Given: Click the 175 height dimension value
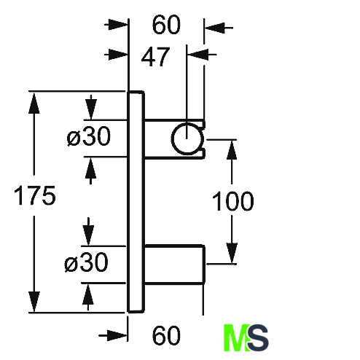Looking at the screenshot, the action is click(35, 195).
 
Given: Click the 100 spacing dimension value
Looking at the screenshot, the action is click(233, 201).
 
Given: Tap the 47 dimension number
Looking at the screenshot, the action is click(155, 57).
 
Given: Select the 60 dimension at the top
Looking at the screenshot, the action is click(166, 25).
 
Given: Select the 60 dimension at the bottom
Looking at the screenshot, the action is click(166, 335).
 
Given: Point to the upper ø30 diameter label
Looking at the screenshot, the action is click(89, 136).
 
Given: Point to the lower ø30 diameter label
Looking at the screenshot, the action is click(86, 262).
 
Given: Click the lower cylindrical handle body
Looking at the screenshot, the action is click(175, 265).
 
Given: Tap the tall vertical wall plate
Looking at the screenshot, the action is click(136, 202).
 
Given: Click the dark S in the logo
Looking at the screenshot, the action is click(258, 338).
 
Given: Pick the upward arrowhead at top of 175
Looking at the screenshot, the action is click(34, 103).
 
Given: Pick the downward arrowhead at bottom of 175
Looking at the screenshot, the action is click(34, 302).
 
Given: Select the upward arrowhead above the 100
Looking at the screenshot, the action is click(232, 150).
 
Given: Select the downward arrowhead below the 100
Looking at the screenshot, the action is click(232, 253).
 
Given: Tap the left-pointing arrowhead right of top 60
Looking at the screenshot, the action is click(214, 28).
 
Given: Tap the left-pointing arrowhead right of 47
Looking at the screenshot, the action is click(198, 55).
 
